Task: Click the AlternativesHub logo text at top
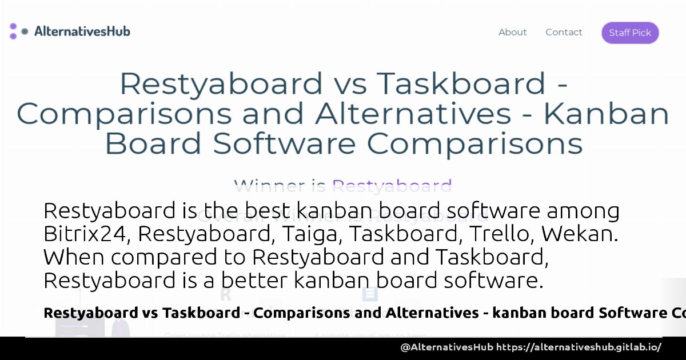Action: coord(82,31)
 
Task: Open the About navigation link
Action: coord(512,33)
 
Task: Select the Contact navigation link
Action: coord(564,33)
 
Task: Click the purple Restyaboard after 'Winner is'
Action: coord(392,186)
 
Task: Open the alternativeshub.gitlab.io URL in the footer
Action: coord(579,347)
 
